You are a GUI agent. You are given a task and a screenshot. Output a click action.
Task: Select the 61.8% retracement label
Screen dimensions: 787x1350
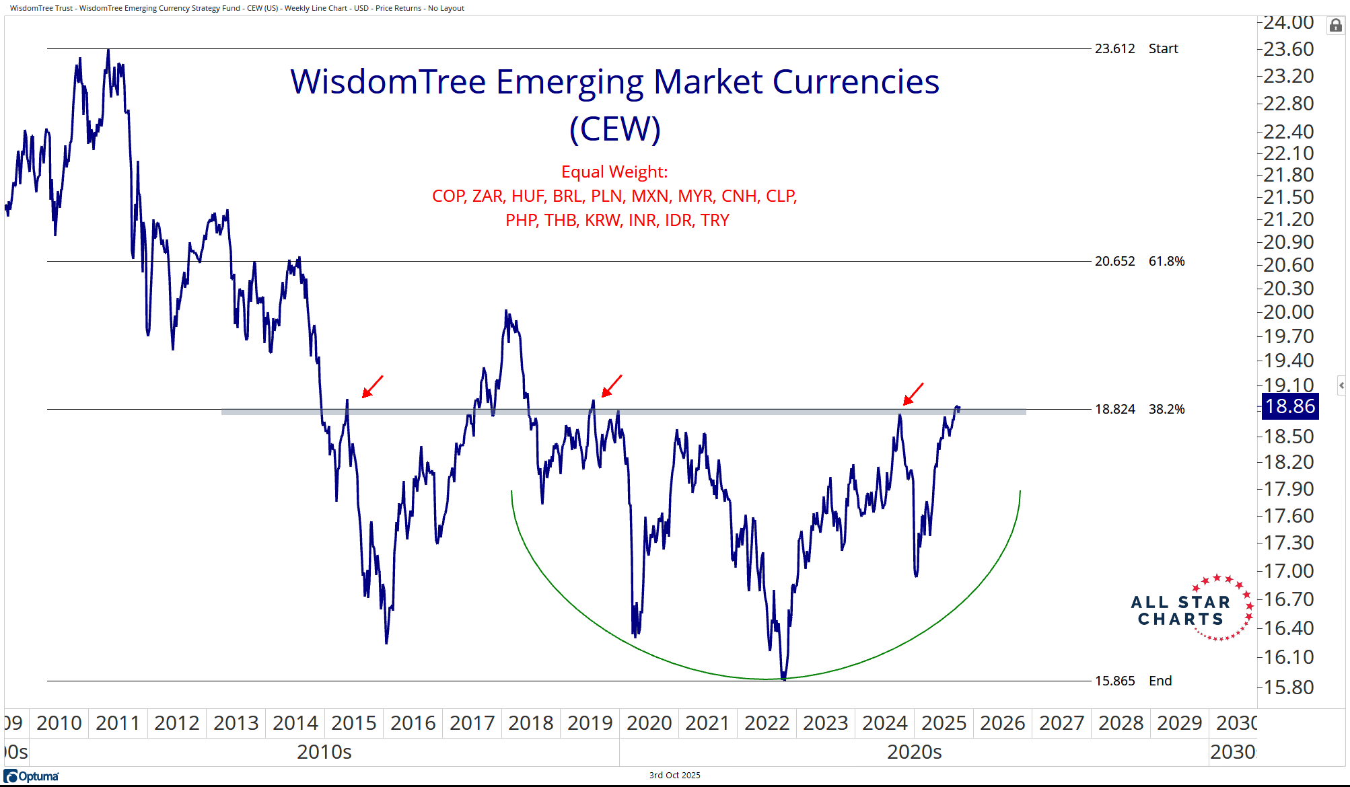tap(1166, 261)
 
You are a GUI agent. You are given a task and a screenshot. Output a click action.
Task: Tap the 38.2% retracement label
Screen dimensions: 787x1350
tap(1166, 409)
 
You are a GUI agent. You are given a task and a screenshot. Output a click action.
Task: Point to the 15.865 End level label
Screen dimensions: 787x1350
tap(1133, 681)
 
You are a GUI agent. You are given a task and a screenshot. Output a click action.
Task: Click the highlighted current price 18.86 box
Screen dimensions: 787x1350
tap(1289, 406)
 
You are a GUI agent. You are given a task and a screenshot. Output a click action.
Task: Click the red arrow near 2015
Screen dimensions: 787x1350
tap(372, 387)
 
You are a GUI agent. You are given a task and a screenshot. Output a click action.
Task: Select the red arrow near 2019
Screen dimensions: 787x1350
tap(611, 386)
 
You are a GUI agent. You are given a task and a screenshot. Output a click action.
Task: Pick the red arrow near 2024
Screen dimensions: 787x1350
tap(913, 394)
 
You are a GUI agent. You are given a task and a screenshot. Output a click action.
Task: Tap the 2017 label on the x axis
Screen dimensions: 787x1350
tap(472, 723)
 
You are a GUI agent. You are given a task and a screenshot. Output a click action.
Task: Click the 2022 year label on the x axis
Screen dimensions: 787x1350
tap(767, 723)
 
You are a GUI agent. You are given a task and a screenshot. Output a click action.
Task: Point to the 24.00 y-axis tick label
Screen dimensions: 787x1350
tap(1288, 23)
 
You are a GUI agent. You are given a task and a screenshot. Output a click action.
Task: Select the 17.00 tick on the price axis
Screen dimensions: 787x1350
tap(1288, 571)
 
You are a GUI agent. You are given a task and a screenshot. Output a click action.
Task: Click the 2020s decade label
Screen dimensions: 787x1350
tap(914, 751)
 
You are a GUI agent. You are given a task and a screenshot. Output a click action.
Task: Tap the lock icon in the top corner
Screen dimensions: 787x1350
tap(1335, 26)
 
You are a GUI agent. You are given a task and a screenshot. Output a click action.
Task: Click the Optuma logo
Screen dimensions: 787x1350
tap(32, 776)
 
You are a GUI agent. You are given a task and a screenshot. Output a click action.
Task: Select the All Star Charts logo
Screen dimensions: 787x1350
tap(1191, 609)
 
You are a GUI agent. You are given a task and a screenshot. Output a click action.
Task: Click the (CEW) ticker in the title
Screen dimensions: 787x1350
tap(614, 128)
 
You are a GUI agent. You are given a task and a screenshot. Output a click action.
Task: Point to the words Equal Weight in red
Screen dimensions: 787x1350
tap(614, 172)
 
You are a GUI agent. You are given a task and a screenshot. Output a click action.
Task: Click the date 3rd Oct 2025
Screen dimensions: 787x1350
tap(674, 775)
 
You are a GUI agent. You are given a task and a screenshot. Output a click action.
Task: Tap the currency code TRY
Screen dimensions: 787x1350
tap(715, 220)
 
